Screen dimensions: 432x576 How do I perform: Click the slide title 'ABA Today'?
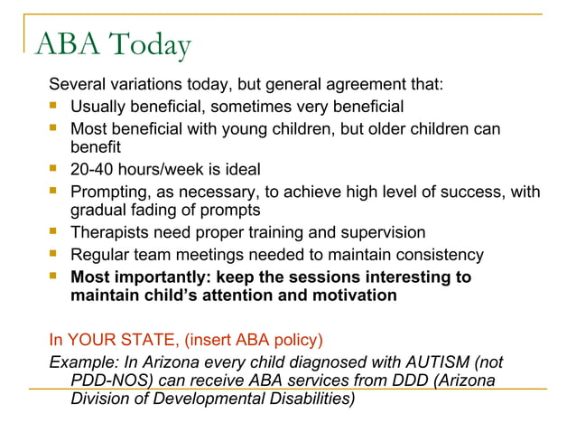[113, 44]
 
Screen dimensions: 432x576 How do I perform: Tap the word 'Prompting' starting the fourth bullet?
[109, 192]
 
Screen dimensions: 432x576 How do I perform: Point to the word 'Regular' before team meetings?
[99, 255]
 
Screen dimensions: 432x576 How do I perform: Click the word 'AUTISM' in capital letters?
[436, 362]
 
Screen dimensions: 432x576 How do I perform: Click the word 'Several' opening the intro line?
[78, 86]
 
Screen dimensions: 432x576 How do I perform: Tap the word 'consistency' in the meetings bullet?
[440, 255]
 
